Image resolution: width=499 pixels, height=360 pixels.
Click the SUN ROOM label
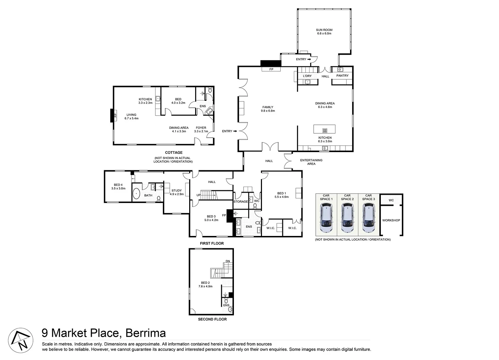tap(324, 30)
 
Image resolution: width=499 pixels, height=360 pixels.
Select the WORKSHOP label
tap(391, 220)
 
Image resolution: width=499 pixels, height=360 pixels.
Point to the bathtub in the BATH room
tap(136, 194)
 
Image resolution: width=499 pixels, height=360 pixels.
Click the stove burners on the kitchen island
tap(325, 131)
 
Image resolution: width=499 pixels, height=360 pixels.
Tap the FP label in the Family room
tap(271, 69)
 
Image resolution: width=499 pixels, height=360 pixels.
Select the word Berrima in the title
tap(146, 333)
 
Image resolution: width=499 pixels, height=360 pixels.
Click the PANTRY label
tap(342, 76)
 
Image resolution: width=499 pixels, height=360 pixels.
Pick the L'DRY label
tap(307, 76)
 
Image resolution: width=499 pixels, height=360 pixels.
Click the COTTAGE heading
tap(174, 152)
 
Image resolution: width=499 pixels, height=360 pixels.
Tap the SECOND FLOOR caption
tap(212, 319)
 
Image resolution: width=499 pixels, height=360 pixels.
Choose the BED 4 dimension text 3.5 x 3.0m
tap(118, 188)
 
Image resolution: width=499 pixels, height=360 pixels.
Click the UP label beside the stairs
tap(199, 195)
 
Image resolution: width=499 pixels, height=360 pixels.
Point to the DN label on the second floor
tap(228, 261)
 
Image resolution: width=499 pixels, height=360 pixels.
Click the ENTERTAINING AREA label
tap(311, 162)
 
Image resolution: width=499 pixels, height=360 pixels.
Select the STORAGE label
tap(240, 202)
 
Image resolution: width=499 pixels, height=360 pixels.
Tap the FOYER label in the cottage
tap(201, 128)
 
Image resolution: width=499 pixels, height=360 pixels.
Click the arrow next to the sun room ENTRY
tap(309, 59)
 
